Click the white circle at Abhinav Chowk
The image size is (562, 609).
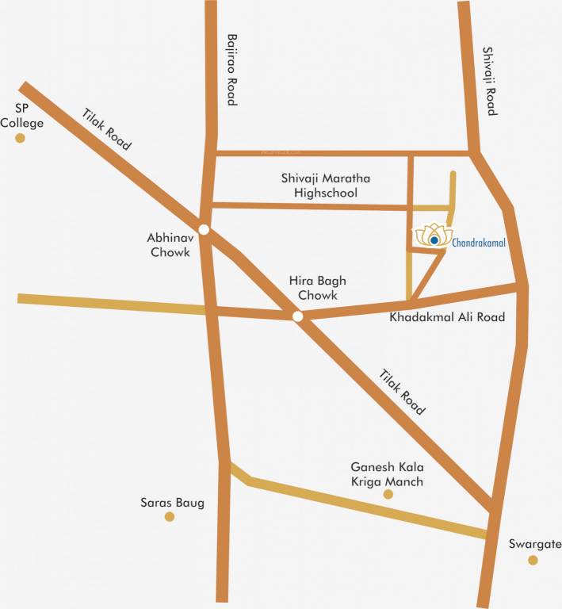(x=204, y=230)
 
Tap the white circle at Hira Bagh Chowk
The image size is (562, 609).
(x=297, y=316)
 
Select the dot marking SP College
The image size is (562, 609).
(x=21, y=138)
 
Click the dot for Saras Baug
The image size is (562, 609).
(x=169, y=517)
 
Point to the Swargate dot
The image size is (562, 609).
(x=533, y=560)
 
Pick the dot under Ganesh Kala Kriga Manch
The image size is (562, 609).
(x=388, y=494)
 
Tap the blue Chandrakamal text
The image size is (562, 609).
(x=479, y=242)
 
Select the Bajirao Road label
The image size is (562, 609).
(x=231, y=70)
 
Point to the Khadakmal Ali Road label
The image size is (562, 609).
(x=448, y=317)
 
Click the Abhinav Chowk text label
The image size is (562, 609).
(x=169, y=244)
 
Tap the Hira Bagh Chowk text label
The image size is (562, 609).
(x=317, y=288)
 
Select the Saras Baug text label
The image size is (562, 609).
(x=172, y=502)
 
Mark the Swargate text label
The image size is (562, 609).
(x=534, y=544)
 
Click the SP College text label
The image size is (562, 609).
(x=21, y=116)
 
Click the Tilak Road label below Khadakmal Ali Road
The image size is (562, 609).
(x=402, y=392)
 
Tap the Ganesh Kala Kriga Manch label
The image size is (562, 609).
(x=387, y=474)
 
